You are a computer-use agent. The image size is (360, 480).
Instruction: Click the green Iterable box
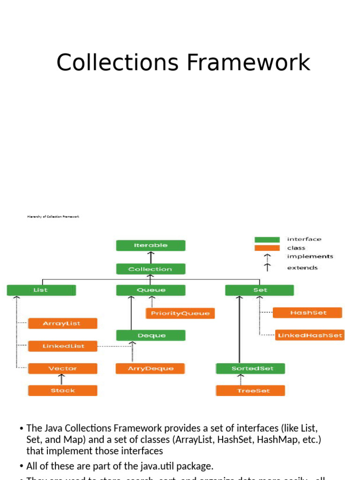point(150,245)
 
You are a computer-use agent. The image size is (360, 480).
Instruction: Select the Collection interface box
point(150,269)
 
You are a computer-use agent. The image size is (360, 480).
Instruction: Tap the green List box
point(41,290)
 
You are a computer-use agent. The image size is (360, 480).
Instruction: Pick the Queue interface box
point(150,290)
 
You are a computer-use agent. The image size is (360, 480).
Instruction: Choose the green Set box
point(260,290)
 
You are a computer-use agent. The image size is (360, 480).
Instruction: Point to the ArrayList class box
point(62,323)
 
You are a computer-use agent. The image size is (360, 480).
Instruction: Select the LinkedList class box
point(62,346)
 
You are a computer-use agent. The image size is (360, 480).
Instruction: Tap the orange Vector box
point(62,368)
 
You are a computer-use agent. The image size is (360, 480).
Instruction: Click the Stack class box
point(62,390)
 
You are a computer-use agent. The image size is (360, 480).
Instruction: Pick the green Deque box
point(150,335)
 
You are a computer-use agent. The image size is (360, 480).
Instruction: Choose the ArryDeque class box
point(150,368)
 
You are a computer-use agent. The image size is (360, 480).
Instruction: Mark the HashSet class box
point(307,313)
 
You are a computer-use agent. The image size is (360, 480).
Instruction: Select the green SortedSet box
point(251,368)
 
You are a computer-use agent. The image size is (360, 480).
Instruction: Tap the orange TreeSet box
point(251,390)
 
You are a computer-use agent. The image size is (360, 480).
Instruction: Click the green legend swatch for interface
point(267,239)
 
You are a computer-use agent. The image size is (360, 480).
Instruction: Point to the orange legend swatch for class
point(267,247)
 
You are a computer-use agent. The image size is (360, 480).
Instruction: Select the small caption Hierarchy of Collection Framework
point(53,217)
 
